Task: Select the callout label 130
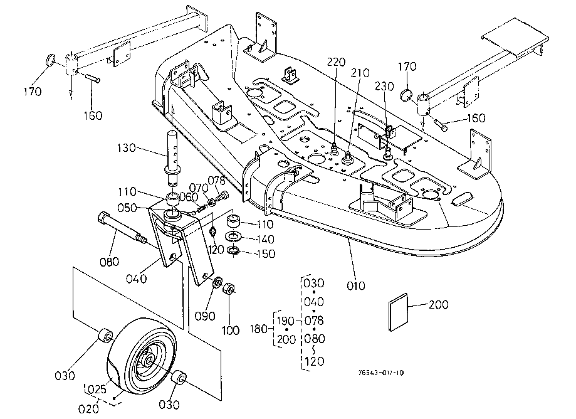pyautogui.click(x=126, y=149)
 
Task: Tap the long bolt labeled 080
pyautogui.click(x=122, y=230)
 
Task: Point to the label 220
pyautogui.click(x=336, y=62)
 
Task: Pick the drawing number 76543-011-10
pyautogui.click(x=382, y=373)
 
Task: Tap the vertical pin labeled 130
pyautogui.click(x=172, y=154)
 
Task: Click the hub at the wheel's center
pyautogui.click(x=148, y=361)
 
